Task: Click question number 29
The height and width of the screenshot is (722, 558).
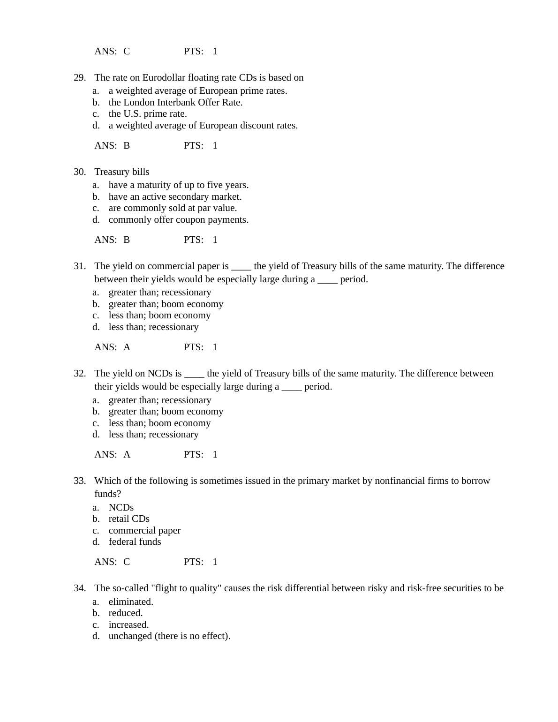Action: point(79,78)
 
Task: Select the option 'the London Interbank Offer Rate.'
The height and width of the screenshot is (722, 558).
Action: point(175,102)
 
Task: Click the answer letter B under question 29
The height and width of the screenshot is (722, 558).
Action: point(127,145)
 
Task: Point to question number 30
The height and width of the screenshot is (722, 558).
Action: point(79,172)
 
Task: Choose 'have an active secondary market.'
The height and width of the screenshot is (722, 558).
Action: point(175,196)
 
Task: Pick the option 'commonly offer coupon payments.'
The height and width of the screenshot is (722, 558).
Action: point(178,219)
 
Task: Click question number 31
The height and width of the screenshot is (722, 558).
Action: point(79,266)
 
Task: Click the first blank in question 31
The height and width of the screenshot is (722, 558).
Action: point(241,266)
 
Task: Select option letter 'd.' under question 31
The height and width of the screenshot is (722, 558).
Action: point(96,327)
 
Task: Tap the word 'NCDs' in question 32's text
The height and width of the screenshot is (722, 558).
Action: point(160,374)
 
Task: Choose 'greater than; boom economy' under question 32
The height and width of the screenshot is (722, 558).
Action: point(166,411)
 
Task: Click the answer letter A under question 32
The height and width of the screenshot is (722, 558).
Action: point(127,454)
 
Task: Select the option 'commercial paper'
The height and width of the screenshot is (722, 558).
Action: point(144,530)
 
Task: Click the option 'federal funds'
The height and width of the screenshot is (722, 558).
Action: point(135,541)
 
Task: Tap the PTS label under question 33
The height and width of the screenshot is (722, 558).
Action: point(193,562)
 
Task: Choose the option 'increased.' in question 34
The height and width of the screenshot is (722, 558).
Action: point(128,624)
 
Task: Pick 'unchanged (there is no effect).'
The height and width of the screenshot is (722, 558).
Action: point(169,636)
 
